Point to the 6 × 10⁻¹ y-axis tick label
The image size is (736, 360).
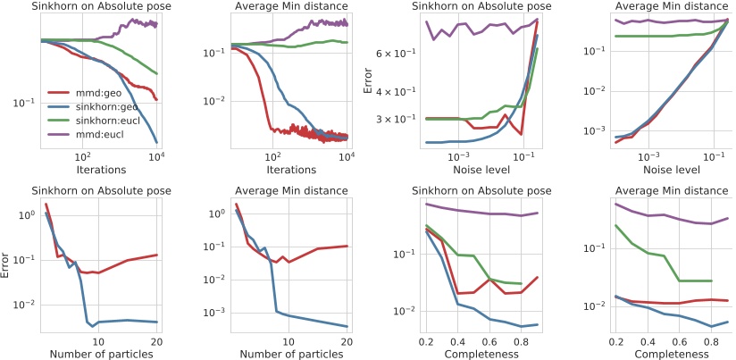(x=400, y=54)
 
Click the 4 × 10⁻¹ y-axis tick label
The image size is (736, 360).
(x=400, y=92)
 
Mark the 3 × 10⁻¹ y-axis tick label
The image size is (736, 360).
(x=400, y=119)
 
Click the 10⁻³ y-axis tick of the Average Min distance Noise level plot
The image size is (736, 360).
(x=593, y=131)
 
